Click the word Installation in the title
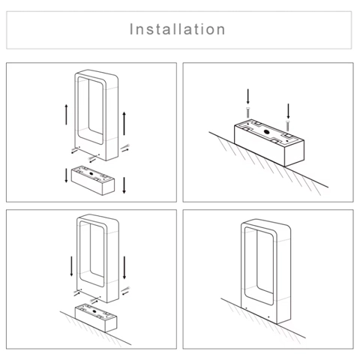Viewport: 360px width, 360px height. (x=177, y=29)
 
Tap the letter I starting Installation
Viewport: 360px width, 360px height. (x=131, y=29)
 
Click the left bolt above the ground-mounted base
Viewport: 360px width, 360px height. (x=247, y=112)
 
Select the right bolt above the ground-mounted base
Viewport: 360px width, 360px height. (x=288, y=125)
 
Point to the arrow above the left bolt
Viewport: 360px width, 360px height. (x=247, y=96)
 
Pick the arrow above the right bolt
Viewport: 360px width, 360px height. (x=288, y=111)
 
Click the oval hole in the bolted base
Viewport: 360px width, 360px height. (x=266, y=132)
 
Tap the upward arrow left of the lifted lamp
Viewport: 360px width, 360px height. (x=66, y=115)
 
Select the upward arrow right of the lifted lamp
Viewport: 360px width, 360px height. (x=124, y=124)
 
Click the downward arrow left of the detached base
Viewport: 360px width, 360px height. (x=66, y=175)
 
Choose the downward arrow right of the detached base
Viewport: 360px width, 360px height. (x=124, y=185)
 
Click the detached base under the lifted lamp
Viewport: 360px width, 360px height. (x=93, y=180)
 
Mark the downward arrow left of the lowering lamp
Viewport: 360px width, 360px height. (x=71, y=266)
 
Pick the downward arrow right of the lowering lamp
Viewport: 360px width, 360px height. (x=124, y=268)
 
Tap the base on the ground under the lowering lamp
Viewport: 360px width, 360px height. (x=96, y=318)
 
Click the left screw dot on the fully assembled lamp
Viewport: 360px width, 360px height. (x=246, y=307)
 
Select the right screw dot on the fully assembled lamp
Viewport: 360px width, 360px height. (x=268, y=317)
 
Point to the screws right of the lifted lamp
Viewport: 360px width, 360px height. (x=125, y=148)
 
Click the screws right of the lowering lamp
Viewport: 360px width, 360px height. (x=125, y=291)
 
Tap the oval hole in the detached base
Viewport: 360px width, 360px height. (x=91, y=173)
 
